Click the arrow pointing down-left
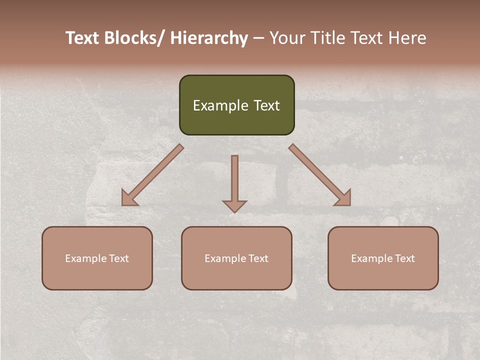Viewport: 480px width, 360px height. (x=155, y=173)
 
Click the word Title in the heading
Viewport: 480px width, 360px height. (x=327, y=38)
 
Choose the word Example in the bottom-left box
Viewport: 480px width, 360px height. (x=85, y=258)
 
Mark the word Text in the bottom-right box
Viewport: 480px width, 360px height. (x=404, y=258)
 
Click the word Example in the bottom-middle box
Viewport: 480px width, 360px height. (x=225, y=258)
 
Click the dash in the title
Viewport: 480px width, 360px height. (x=258, y=38)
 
